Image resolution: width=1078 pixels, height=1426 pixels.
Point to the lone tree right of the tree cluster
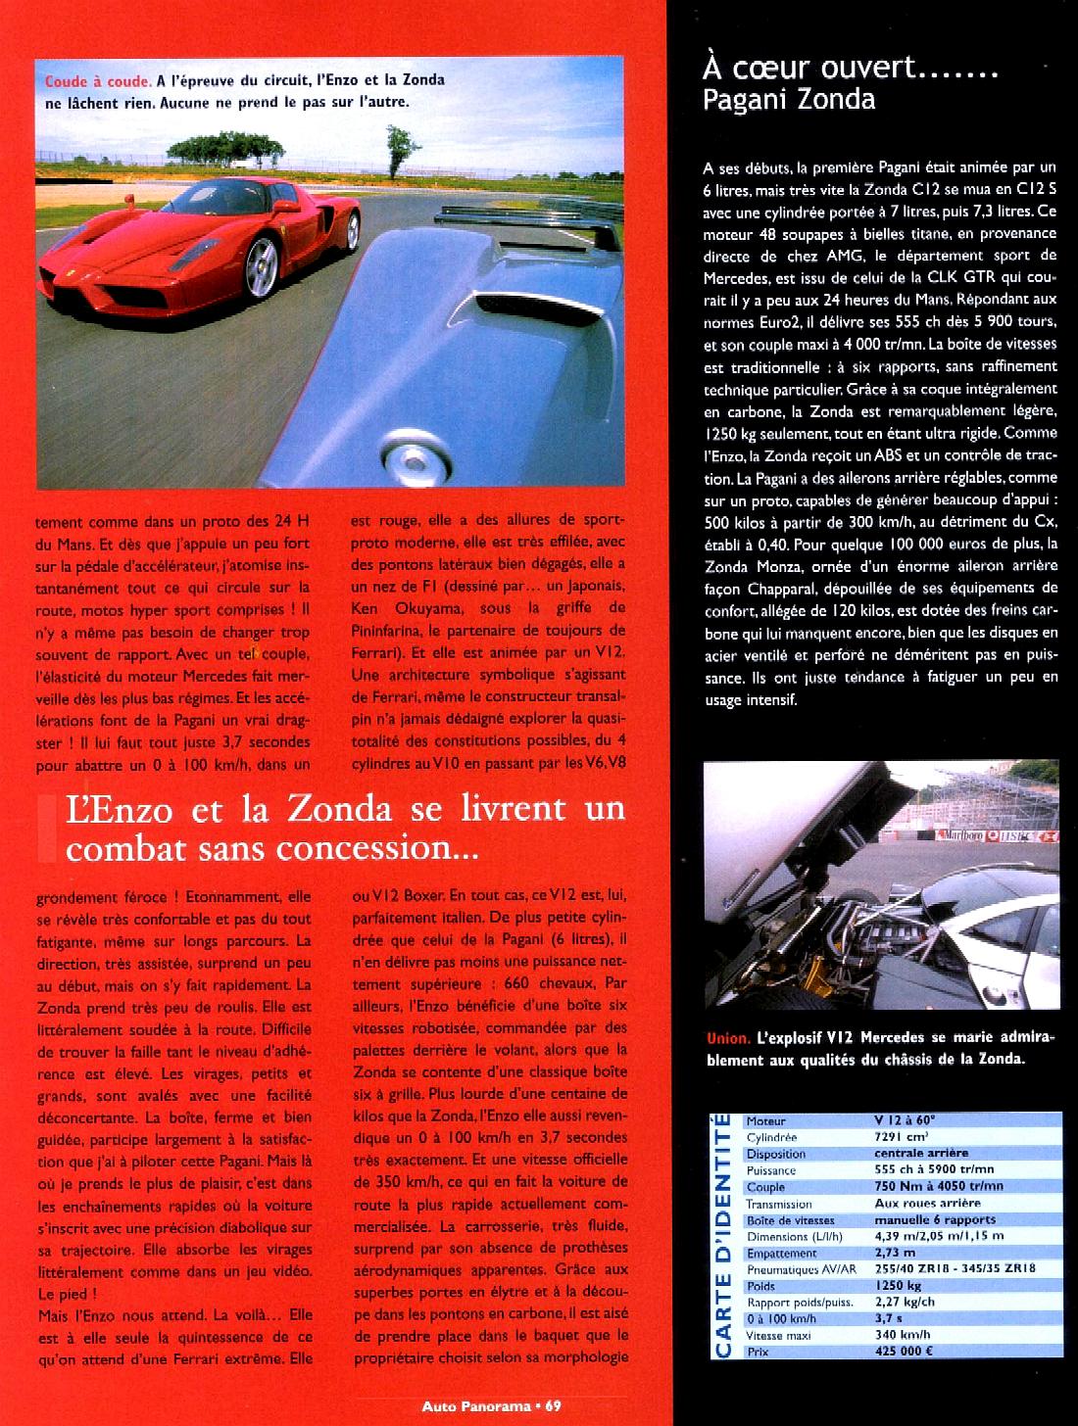(398, 144)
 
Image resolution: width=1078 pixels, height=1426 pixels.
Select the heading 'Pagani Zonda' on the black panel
(789, 99)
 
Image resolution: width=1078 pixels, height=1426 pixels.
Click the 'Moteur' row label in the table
(765, 1120)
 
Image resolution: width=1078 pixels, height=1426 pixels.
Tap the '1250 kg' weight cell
(899, 1286)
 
